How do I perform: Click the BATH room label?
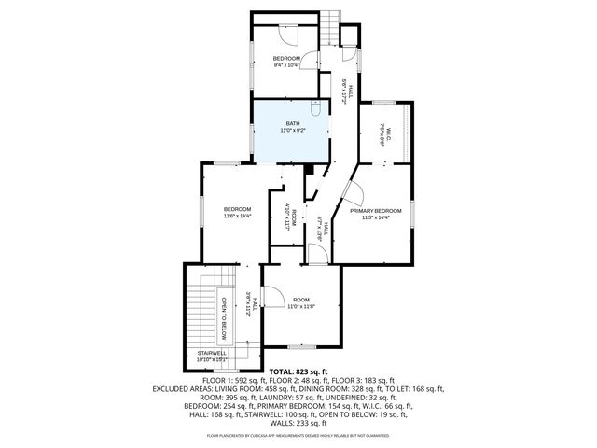pyautogui.click(x=293, y=123)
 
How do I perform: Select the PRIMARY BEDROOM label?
pyautogui.click(x=376, y=211)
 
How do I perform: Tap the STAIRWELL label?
pyautogui.click(x=213, y=353)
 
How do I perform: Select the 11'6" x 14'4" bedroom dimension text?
pyautogui.click(x=237, y=216)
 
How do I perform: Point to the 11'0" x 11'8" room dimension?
pyautogui.click(x=300, y=306)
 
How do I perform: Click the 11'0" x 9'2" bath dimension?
pyautogui.click(x=293, y=131)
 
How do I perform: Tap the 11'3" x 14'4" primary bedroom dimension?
pyautogui.click(x=376, y=217)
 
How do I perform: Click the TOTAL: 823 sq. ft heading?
pyautogui.click(x=298, y=371)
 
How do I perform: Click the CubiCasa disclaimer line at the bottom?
pyautogui.click(x=298, y=436)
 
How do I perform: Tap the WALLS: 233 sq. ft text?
pyautogui.click(x=298, y=423)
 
